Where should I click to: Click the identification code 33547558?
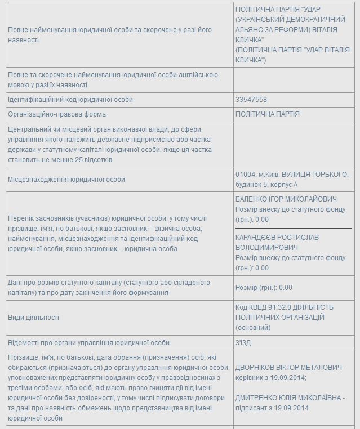[251, 100]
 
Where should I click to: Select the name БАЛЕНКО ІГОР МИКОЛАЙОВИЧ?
[286, 199]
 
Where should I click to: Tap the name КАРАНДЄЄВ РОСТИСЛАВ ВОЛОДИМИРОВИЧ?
[277, 243]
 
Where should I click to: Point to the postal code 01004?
[245, 174]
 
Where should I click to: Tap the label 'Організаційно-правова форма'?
[54, 114]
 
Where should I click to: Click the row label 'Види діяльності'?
[33, 318]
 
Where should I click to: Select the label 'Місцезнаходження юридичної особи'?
[66, 180]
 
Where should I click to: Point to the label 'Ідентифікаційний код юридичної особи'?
[70, 100]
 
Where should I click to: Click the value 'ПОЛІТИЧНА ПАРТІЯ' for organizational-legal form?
[268, 114]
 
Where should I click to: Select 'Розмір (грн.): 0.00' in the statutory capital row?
[264, 287]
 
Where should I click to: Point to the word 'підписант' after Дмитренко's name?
[252, 408]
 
